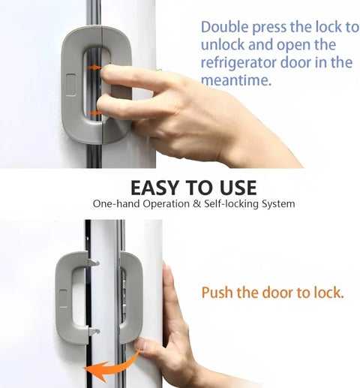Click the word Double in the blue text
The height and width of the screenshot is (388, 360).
223,28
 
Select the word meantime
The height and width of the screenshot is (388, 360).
235,80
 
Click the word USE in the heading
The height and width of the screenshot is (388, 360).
234,187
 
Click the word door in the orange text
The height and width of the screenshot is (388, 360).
286,292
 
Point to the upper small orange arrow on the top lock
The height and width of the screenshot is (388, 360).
96,68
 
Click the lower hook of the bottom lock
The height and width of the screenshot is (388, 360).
93,329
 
